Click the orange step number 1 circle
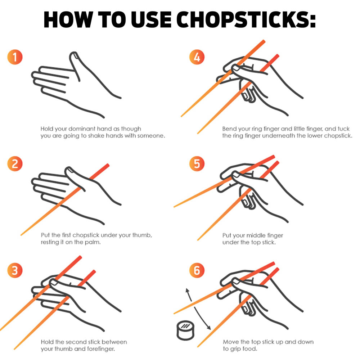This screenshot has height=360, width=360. tap(15, 57)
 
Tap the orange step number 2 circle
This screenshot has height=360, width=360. tap(15, 164)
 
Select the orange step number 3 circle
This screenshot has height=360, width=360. tap(15, 270)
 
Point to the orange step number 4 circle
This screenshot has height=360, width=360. tap(197, 57)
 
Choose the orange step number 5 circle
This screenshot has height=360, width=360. tap(197, 164)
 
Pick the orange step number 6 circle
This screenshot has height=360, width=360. tap(197, 270)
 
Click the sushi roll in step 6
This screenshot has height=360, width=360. tap(185, 330)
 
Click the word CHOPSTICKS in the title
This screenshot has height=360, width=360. tap(246, 20)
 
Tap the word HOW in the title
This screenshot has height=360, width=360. tap(68, 20)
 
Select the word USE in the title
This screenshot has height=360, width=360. tap(151, 20)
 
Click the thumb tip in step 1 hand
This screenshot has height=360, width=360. tap(73, 55)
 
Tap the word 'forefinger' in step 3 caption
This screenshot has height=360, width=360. tap(101, 349)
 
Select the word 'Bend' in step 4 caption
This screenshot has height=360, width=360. tap(229, 129)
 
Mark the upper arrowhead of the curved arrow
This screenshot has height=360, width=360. tap(187, 290)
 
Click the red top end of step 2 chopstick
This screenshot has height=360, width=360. tap(107, 165)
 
